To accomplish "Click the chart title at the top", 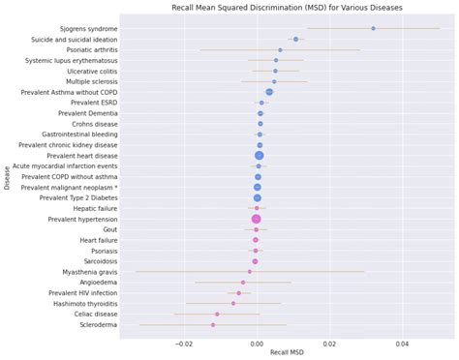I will coord(286,7).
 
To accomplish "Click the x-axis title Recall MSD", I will coord(287,352).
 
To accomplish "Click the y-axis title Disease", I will coord(7,177).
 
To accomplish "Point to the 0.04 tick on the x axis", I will coord(403,343).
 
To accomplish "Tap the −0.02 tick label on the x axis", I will coord(184,343).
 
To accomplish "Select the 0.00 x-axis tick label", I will coord(257,343).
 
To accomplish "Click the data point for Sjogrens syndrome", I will coord(373,28).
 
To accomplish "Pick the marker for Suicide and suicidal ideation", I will coord(295,39).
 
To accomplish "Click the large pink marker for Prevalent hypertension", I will coord(257,219).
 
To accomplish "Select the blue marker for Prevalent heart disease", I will coord(259,155).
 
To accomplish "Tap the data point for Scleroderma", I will coord(213,324).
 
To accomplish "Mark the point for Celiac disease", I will coord(217,314).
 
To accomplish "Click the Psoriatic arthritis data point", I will coord(280,49).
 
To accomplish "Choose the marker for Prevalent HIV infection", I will coord(238,292).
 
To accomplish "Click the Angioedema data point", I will coord(243,282).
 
